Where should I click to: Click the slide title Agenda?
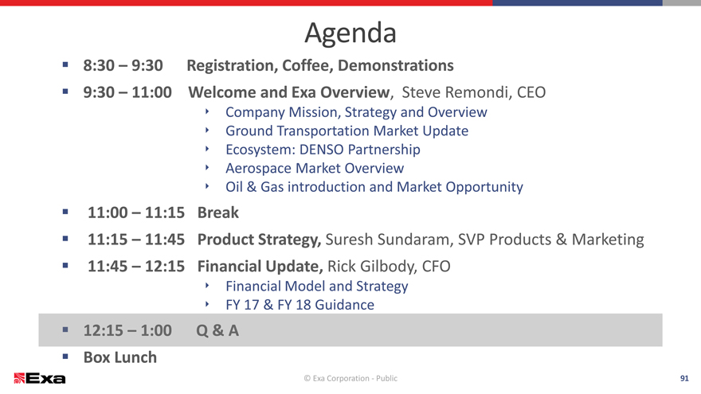tap(350, 34)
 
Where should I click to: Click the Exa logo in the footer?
tap(40, 378)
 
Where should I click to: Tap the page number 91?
tap(684, 378)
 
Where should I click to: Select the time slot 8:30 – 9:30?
tap(123, 65)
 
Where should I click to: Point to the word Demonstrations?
tap(396, 65)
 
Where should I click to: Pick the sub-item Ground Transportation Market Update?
tap(347, 131)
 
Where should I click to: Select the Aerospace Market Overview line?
tap(315, 169)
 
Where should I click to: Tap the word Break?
tap(218, 213)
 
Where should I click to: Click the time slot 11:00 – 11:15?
tap(136, 213)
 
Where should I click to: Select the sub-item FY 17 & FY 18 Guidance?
tap(300, 305)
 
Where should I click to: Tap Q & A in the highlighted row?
tap(217, 330)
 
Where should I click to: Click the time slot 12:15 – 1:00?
tap(127, 330)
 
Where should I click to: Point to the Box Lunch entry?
tap(120, 357)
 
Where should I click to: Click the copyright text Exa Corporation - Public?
tap(350, 378)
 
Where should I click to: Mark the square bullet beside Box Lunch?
tap(65, 357)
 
